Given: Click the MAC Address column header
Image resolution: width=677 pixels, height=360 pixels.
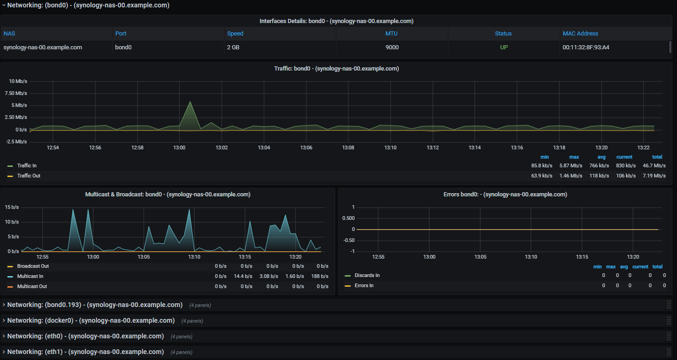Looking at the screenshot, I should [x=580, y=34].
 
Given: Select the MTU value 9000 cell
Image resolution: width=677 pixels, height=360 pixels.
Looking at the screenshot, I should [x=392, y=47].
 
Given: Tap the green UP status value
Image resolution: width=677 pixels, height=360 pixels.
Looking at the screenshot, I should [x=504, y=47].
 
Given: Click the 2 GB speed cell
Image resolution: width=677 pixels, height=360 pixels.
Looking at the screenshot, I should [x=235, y=47].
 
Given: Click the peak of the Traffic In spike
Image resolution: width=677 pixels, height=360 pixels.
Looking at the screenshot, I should [x=190, y=101].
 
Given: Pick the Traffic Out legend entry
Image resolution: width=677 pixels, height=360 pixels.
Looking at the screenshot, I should [x=29, y=176].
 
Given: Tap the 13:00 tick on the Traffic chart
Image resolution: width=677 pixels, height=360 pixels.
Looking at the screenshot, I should [x=179, y=148].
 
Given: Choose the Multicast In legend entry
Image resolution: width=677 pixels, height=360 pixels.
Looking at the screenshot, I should [x=30, y=276].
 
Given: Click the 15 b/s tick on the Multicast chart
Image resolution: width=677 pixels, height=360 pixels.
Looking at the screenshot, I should [x=12, y=207].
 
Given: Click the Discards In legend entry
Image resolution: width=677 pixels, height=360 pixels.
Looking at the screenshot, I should [x=367, y=275].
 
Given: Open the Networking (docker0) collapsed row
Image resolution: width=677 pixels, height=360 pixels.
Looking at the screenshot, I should [x=91, y=320].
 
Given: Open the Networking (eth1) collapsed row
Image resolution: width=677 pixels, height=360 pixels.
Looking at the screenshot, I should [x=85, y=352].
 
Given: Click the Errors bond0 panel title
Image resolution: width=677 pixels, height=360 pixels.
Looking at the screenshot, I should [x=505, y=195].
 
